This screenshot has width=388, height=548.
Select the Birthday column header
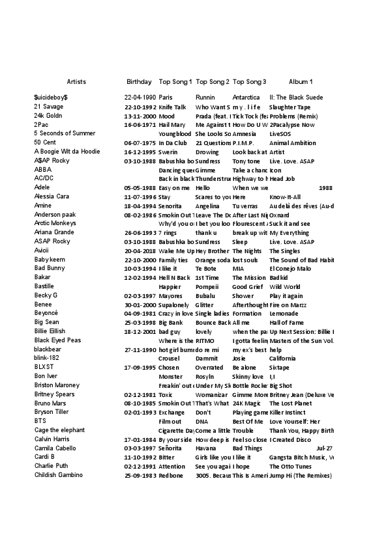138,82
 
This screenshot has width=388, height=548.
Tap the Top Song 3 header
249,82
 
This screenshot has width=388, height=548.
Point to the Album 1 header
301,82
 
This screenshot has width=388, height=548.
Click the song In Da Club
172,143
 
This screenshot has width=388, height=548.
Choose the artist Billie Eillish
50,331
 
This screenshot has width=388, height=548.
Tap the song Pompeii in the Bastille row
207,286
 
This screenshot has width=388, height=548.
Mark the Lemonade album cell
284,313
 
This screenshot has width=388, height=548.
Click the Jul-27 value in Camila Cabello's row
324,448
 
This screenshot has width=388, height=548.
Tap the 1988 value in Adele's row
326,187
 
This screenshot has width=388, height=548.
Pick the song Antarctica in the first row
246,98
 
